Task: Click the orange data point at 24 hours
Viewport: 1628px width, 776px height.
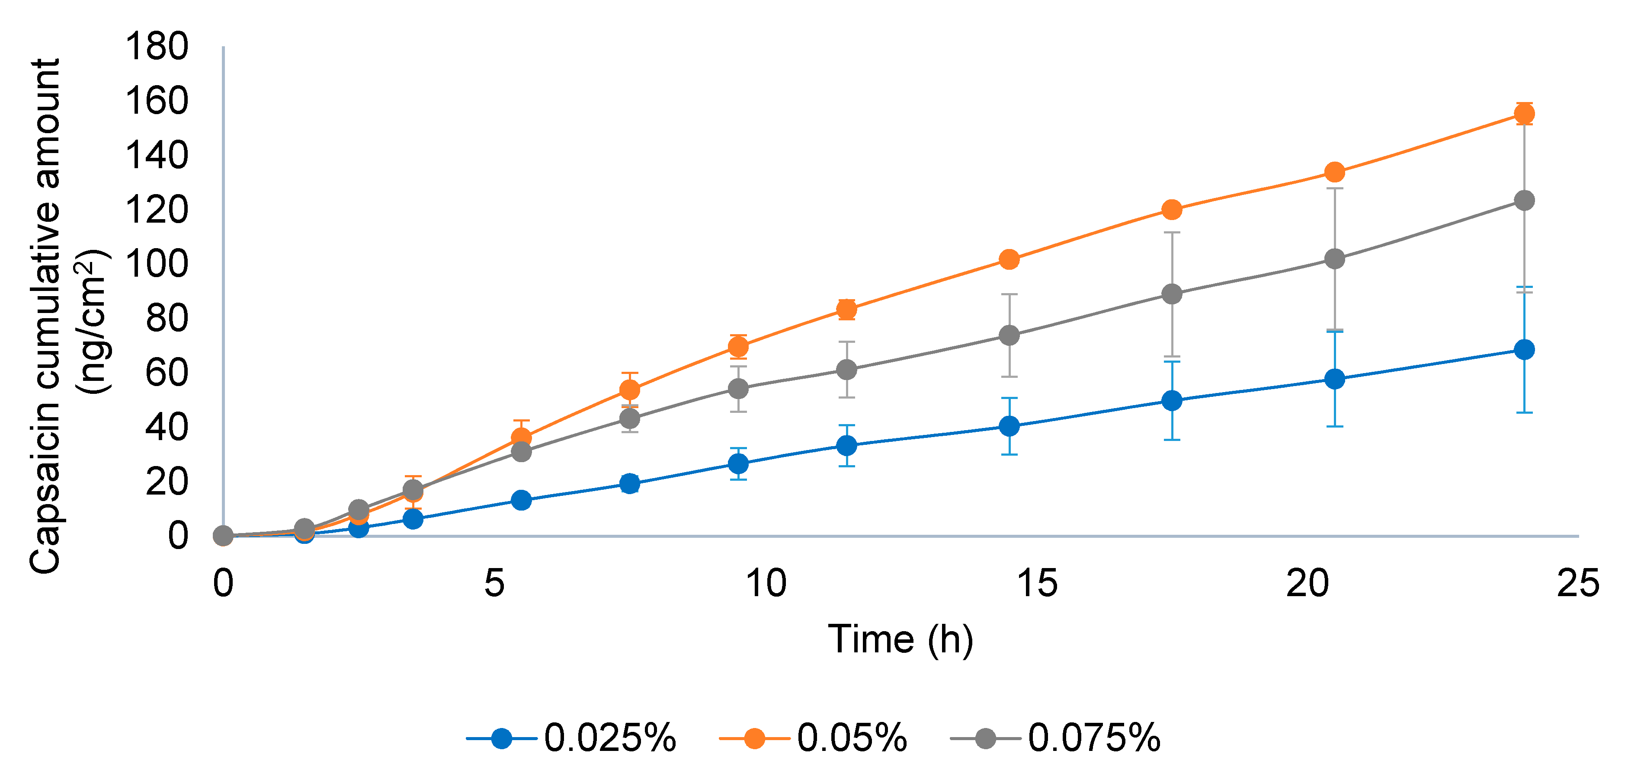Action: (x=1524, y=114)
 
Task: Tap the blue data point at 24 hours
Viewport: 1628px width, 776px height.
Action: (x=1524, y=349)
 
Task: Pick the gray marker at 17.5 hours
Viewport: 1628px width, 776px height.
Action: (x=1172, y=294)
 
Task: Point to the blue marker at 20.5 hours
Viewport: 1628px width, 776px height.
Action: (x=1334, y=379)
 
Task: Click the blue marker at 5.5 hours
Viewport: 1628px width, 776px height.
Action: (x=521, y=500)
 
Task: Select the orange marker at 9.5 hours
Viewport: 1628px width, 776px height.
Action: (x=738, y=346)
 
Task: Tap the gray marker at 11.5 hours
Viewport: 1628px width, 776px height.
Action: (x=846, y=370)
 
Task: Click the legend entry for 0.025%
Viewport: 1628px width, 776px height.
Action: (x=609, y=738)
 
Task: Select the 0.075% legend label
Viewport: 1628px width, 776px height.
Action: (x=1093, y=738)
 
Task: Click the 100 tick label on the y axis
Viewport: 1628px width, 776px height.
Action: (x=157, y=264)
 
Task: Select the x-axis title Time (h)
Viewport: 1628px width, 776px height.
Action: (x=900, y=639)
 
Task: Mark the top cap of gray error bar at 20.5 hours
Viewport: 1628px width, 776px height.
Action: (x=1334, y=188)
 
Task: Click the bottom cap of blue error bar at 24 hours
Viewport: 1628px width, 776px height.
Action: (x=1524, y=413)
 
